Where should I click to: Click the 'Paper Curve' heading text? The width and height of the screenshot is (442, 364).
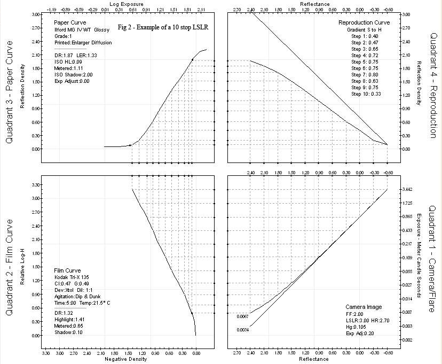coord(69,23)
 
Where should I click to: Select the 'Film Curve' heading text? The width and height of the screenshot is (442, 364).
coord(68,271)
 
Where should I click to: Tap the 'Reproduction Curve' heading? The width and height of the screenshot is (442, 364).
coord(364,23)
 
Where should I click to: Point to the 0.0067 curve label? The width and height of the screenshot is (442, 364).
coord(244,316)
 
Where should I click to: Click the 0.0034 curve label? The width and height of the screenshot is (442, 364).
coord(244,329)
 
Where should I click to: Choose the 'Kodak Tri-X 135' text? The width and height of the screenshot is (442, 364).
coord(73,277)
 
